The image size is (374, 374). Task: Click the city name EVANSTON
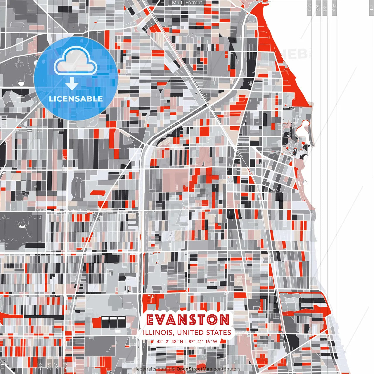pyautogui.click(x=188, y=320)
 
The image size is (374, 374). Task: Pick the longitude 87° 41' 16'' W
pyautogui.click(x=203, y=342)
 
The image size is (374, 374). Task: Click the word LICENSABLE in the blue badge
pyautogui.click(x=76, y=99)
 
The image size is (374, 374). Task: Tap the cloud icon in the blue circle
pyautogui.click(x=76, y=62)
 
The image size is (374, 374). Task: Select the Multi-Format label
pyautogui.click(x=187, y=3)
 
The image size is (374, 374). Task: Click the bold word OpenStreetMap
pyautogui.click(x=194, y=369)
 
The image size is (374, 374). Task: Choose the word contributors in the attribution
pyautogui.click(x=227, y=369)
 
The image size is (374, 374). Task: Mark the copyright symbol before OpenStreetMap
pyautogui.click(x=173, y=369)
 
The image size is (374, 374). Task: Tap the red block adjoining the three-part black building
pyautogui.click(x=96, y=322)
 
